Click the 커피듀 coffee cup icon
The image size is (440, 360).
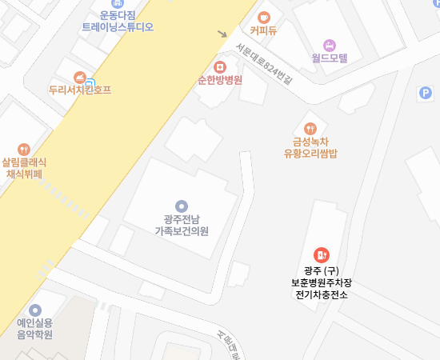[264, 17]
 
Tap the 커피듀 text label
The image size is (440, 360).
[263, 32]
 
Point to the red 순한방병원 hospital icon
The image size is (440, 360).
[220, 66]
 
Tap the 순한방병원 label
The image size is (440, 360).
[220, 80]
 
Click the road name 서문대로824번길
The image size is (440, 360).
[265, 65]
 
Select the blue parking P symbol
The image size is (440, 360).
[425, 93]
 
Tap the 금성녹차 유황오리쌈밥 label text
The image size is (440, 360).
[310, 148]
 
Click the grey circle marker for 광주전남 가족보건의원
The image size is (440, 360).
[182, 206]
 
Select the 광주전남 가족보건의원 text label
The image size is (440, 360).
[182, 225]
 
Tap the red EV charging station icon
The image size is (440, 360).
[321, 254]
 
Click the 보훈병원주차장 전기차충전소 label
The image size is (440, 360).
[321, 283]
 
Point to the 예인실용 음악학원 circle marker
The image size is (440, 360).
[34, 310]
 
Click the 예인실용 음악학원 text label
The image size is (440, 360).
[34, 329]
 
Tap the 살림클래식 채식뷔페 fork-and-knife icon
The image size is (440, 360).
[25, 148]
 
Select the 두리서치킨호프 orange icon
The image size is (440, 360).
[80, 77]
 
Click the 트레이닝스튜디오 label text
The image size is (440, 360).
[118, 26]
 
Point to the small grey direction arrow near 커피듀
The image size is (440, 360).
[222, 34]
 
